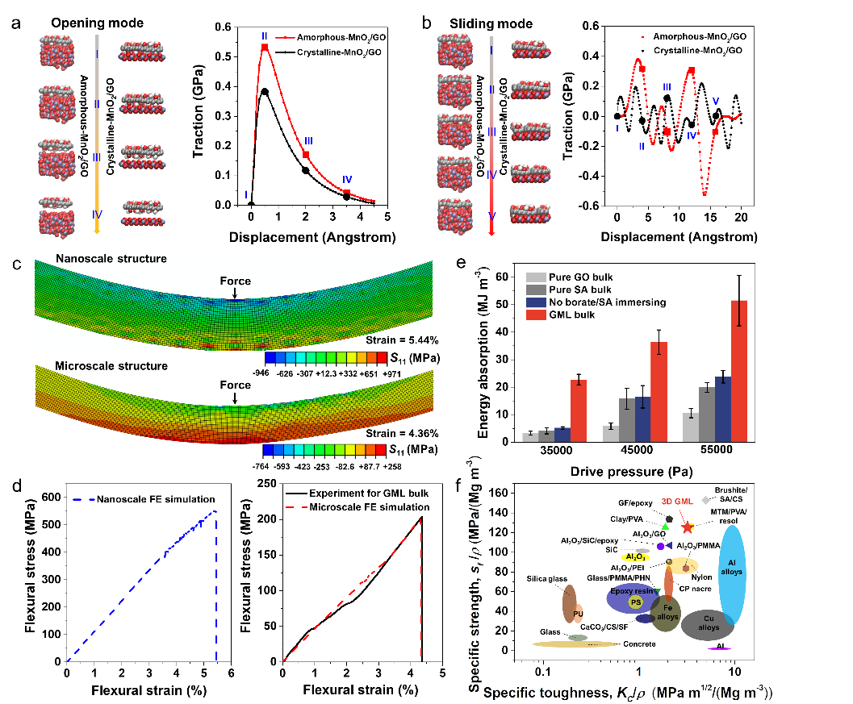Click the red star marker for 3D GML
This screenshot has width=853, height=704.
(688, 527)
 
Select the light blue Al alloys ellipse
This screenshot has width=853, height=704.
(731, 573)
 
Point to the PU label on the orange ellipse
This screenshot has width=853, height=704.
(578, 614)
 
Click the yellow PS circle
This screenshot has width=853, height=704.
(636, 602)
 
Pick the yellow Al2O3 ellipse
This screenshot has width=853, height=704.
(634, 556)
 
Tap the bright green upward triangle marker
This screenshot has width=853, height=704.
(665, 527)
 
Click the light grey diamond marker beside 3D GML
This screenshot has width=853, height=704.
(705, 501)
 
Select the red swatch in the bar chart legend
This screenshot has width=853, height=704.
(536, 315)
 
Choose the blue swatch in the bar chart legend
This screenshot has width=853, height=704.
(536, 302)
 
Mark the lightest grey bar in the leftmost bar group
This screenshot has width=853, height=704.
(530, 436)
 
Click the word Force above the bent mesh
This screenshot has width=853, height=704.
(236, 281)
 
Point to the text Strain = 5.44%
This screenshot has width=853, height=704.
(399, 340)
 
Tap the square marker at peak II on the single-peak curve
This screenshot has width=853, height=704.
(265, 48)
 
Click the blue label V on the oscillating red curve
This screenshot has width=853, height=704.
(716, 101)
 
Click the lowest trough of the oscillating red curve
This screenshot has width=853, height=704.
(705, 194)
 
